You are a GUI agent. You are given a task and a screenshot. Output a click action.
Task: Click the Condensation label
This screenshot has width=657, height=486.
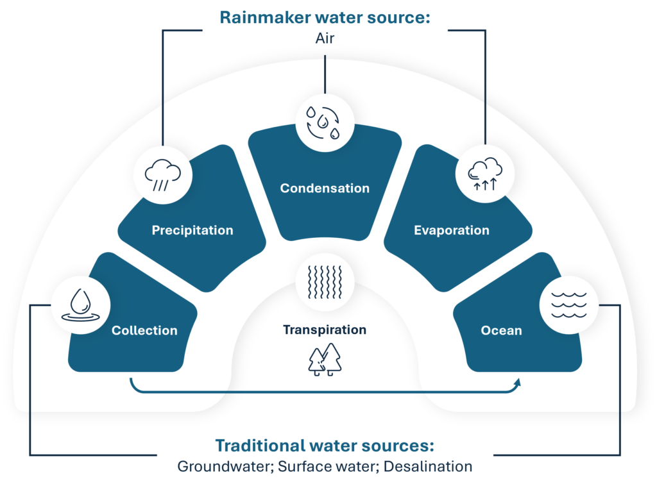(x=325, y=189)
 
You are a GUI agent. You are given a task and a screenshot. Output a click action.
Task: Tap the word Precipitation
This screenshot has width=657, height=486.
(x=192, y=230)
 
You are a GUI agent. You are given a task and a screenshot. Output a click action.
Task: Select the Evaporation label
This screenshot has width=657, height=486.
(x=452, y=230)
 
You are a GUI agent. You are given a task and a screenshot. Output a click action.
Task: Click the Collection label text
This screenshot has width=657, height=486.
(x=144, y=331)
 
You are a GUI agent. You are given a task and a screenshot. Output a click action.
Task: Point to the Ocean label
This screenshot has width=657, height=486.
(x=501, y=331)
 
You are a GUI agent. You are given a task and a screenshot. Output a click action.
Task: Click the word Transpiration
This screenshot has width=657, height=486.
(x=325, y=330)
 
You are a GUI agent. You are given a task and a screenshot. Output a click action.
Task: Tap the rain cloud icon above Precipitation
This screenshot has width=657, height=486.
(x=163, y=173)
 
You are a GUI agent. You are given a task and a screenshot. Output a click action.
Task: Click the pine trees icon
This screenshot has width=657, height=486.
(x=325, y=359)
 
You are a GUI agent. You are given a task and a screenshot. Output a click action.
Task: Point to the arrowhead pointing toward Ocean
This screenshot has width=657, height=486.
(x=518, y=382)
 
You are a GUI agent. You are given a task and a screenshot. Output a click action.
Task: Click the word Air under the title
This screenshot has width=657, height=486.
(x=325, y=38)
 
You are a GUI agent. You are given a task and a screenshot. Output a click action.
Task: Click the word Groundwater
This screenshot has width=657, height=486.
(x=224, y=466)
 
